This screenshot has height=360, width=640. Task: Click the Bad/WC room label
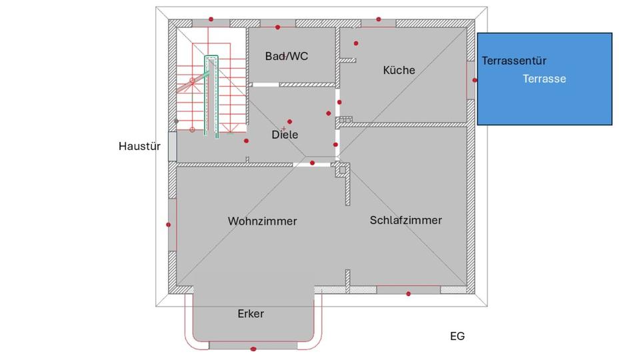[287, 57]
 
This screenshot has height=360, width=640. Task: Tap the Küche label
[399, 70]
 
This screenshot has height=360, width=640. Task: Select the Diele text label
[285, 135]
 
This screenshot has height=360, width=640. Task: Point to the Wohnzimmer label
[262, 221]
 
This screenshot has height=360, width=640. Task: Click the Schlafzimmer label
[405, 220]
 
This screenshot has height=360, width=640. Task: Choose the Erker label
[251, 313]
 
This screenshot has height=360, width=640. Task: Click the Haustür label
[139, 146]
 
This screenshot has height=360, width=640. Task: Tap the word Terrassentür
[514, 61]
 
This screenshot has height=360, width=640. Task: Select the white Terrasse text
[544, 79]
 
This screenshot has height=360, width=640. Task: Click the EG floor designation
[457, 336]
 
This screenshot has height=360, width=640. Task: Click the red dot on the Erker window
[253, 349]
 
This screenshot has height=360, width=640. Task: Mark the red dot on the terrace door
[475, 80]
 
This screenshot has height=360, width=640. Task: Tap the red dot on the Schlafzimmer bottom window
[409, 294]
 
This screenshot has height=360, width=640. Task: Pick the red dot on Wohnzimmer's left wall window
[168, 225]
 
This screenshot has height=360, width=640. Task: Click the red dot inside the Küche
[356, 43]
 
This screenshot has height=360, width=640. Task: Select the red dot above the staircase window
[211, 19]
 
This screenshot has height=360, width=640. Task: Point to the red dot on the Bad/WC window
[278, 27]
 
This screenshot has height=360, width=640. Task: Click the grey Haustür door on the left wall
[172, 147]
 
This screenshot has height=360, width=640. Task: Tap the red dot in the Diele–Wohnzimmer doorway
[312, 163]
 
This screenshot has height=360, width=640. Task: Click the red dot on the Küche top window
[378, 19]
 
